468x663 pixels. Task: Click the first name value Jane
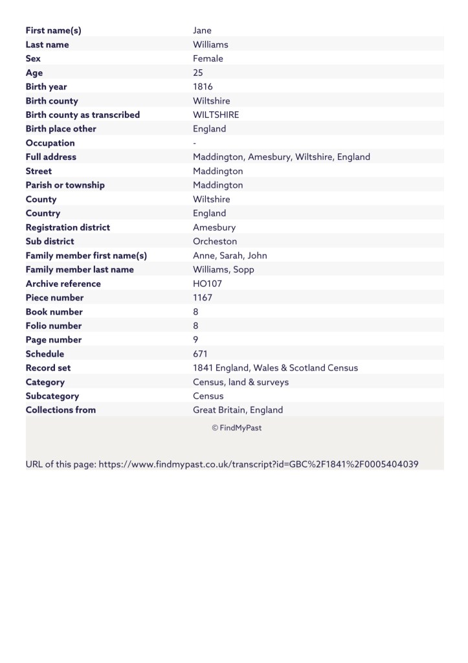click(x=202, y=30)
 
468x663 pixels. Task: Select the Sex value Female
click(x=208, y=59)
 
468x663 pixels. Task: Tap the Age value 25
click(x=198, y=73)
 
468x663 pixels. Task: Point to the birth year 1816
click(x=203, y=87)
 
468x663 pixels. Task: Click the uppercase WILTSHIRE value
click(x=216, y=115)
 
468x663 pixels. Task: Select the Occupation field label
click(x=50, y=143)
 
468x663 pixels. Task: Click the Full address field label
click(x=50, y=157)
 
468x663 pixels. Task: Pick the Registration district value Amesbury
click(x=214, y=227)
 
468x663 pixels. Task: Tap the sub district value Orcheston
click(x=215, y=242)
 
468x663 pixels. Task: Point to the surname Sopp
click(x=243, y=270)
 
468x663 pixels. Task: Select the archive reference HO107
click(x=206, y=284)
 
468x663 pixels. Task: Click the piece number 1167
click(x=203, y=298)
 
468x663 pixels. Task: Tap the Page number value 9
click(x=195, y=340)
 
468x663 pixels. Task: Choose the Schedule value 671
click(x=201, y=354)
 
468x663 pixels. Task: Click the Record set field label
click(x=48, y=368)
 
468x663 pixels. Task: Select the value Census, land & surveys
click(x=241, y=382)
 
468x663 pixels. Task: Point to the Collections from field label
click(x=60, y=410)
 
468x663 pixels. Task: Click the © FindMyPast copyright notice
click(x=236, y=428)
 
